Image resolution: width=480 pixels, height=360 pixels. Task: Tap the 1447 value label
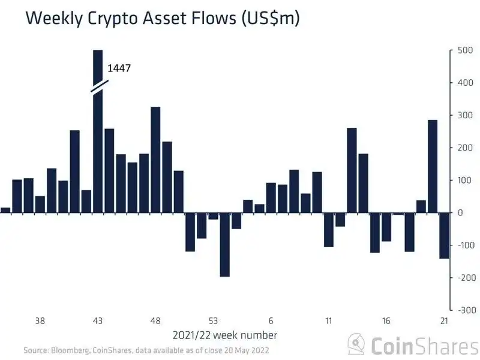click(119, 68)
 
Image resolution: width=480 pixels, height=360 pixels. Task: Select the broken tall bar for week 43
click(98, 150)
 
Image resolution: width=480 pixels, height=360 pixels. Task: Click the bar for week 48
click(155, 160)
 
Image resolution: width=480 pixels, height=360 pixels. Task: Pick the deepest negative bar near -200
click(224, 244)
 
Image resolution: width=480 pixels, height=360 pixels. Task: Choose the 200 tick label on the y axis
click(465, 148)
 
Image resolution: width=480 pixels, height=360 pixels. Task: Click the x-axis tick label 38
click(40, 321)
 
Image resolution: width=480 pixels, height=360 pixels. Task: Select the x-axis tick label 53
click(213, 321)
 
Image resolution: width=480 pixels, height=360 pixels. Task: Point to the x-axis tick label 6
click(271, 321)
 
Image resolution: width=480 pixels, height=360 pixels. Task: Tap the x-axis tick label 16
click(386, 321)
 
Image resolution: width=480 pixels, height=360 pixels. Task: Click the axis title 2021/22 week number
click(224, 335)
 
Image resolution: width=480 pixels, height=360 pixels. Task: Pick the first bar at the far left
click(5, 210)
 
